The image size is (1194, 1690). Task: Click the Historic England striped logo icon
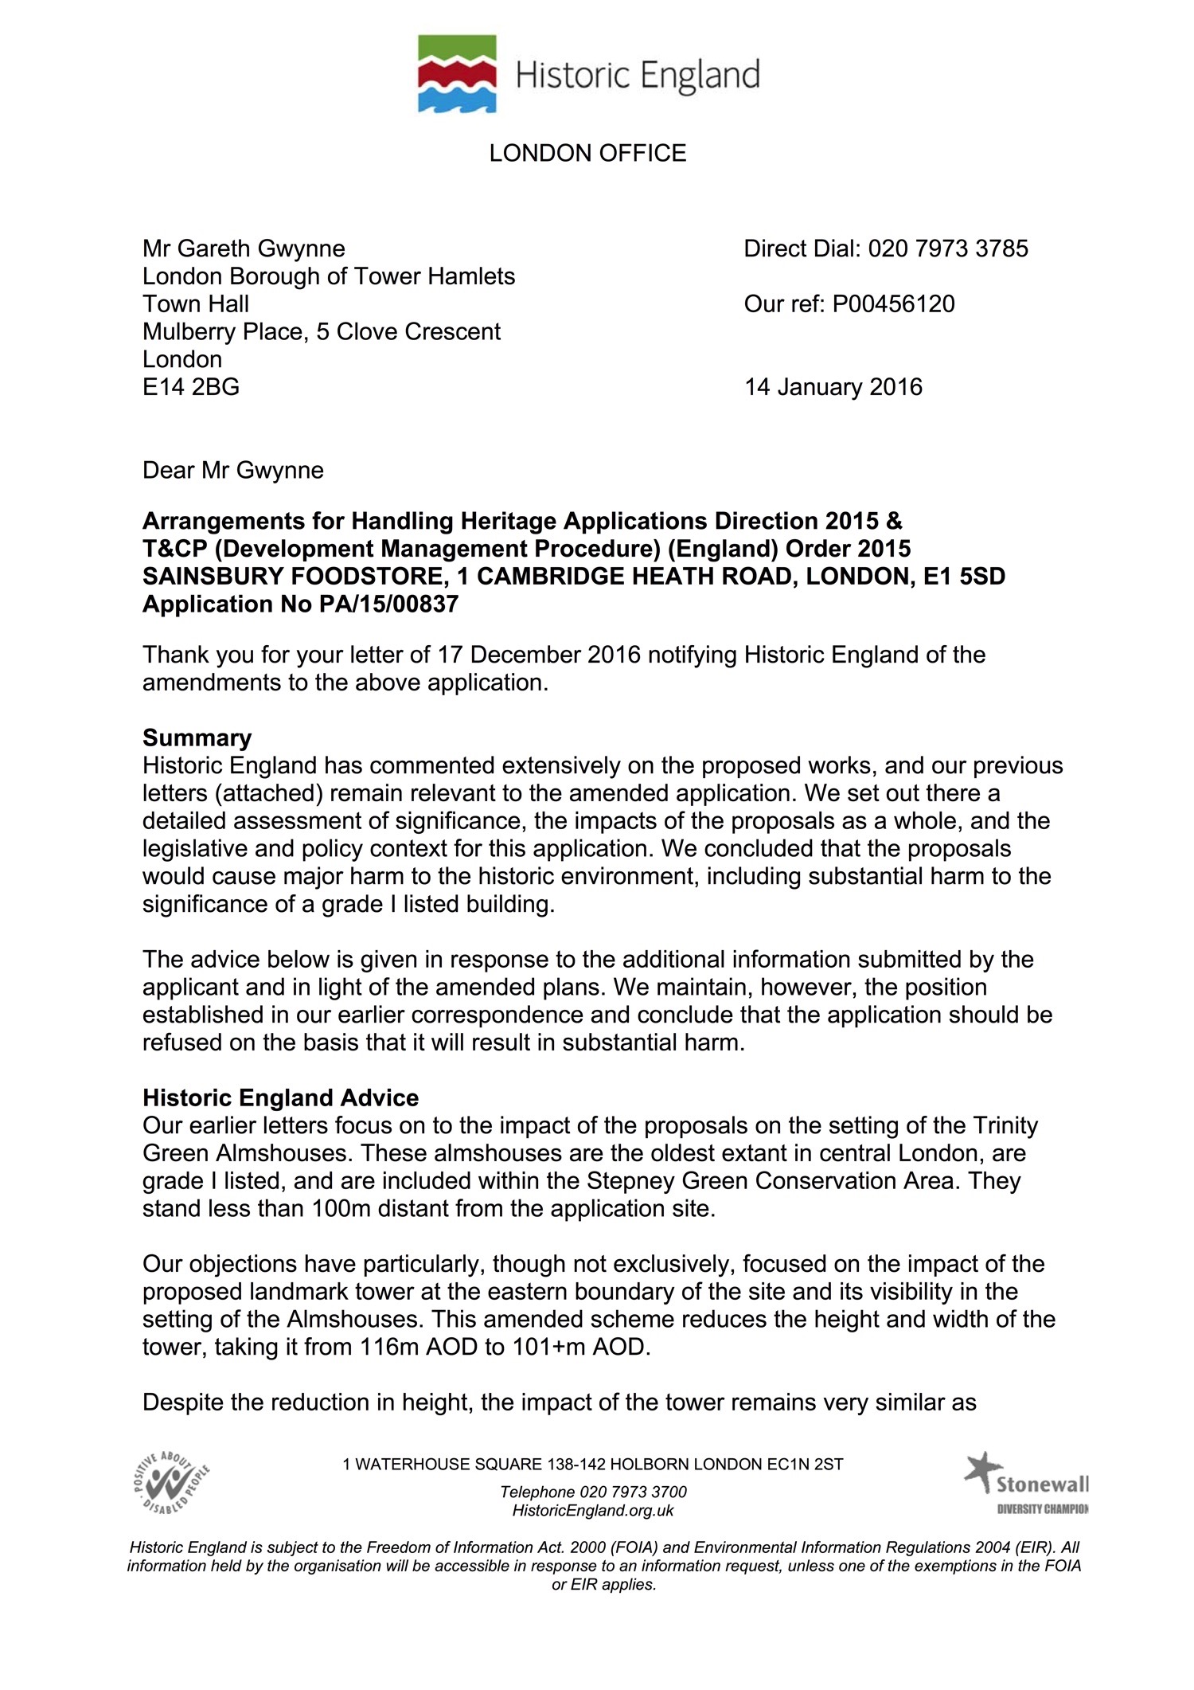[458, 73]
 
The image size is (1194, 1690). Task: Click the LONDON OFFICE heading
[587, 153]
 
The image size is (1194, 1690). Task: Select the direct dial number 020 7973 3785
[948, 248]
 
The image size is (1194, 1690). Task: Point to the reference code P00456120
[893, 303]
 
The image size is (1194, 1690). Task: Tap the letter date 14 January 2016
[833, 387]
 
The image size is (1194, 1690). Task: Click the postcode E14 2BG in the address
[191, 387]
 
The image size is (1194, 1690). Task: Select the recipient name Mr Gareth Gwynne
[244, 248]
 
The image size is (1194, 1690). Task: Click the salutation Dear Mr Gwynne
[233, 470]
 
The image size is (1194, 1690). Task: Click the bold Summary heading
[197, 737]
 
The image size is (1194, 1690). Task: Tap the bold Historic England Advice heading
[280, 1097]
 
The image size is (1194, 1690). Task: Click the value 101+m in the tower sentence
[542, 1347]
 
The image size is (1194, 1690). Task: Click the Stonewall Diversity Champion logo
[1026, 1483]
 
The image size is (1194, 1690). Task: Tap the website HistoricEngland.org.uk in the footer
[593, 1510]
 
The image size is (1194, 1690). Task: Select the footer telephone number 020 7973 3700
[633, 1492]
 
